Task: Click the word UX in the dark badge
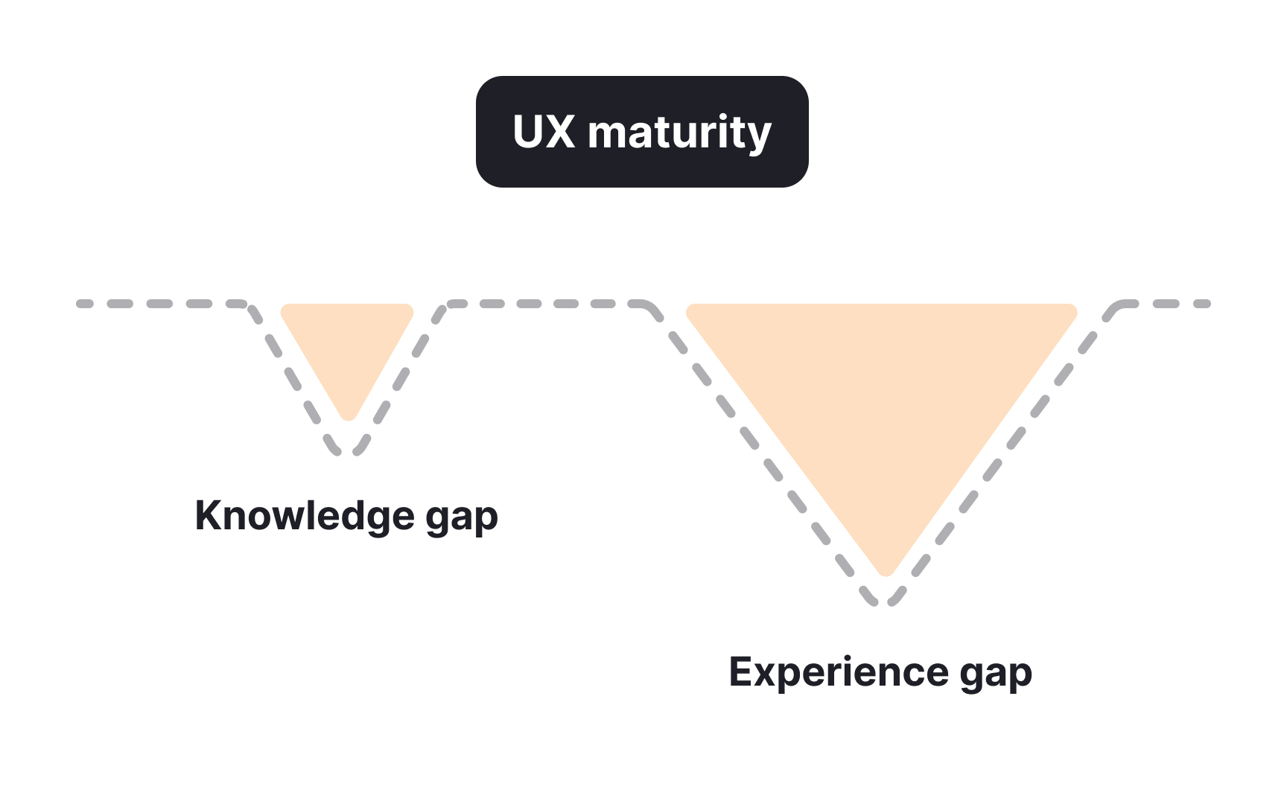click(x=544, y=133)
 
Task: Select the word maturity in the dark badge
click(x=679, y=134)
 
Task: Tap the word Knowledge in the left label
click(x=304, y=516)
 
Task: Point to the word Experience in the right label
click(x=839, y=673)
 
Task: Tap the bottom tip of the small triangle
click(x=348, y=418)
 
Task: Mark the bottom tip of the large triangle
click(x=886, y=572)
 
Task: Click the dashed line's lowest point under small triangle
click(x=348, y=452)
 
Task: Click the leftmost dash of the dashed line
click(x=85, y=304)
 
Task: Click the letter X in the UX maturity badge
click(x=562, y=133)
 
